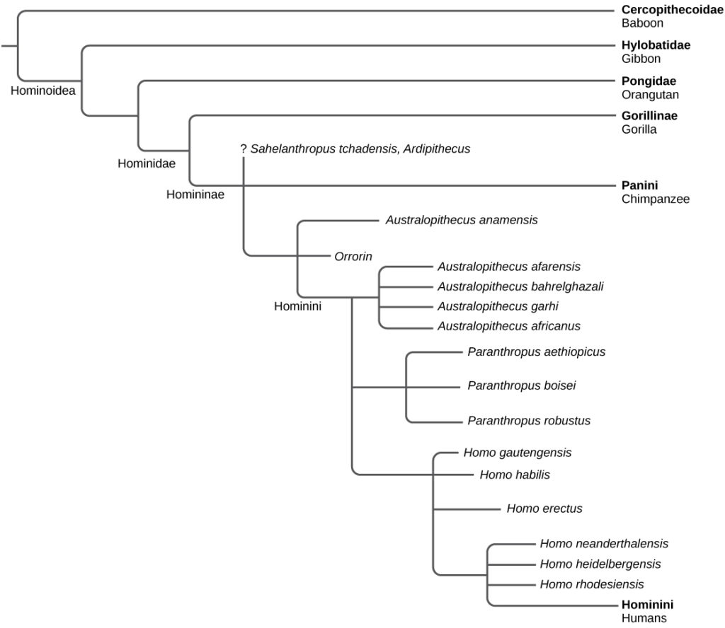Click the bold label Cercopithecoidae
(x=673, y=10)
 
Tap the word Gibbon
(x=641, y=59)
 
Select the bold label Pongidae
(x=649, y=81)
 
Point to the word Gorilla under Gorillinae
(x=639, y=129)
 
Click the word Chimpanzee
(x=656, y=199)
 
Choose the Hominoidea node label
(x=43, y=91)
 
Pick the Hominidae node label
(x=146, y=163)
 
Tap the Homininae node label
(x=195, y=194)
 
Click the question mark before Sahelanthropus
(x=243, y=149)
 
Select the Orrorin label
(x=353, y=255)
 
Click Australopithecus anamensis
(x=462, y=220)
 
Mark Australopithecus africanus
(x=508, y=326)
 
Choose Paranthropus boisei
(x=522, y=385)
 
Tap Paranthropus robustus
(x=529, y=421)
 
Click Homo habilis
(x=515, y=475)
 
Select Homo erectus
(x=544, y=508)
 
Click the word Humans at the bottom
(x=644, y=618)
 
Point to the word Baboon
(x=641, y=23)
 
